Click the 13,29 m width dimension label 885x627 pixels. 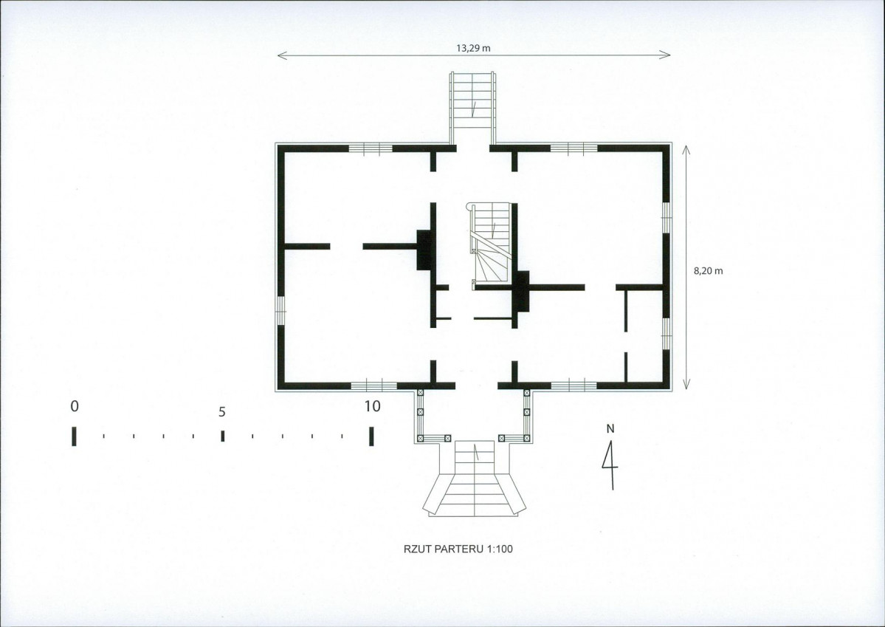pos(474,48)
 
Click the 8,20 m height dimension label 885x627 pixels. pos(709,270)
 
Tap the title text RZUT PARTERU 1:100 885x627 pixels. pos(458,549)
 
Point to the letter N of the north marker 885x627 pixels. pos(610,429)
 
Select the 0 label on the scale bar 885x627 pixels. pos(75,406)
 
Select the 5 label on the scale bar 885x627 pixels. pos(222,412)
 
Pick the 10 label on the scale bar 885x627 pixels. pos(373,406)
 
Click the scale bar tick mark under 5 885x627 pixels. pos(223,436)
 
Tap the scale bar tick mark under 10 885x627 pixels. pos(371,436)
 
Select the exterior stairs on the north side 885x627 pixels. pos(472,107)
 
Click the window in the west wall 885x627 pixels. pos(280,311)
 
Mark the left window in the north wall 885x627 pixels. pos(371,148)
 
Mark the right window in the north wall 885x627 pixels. pos(574,148)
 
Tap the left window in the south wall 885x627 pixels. pos(373,386)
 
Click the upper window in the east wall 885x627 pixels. pos(667,217)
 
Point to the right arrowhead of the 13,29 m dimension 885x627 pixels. pos(666,55)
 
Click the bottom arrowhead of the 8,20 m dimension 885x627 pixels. pos(686,385)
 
